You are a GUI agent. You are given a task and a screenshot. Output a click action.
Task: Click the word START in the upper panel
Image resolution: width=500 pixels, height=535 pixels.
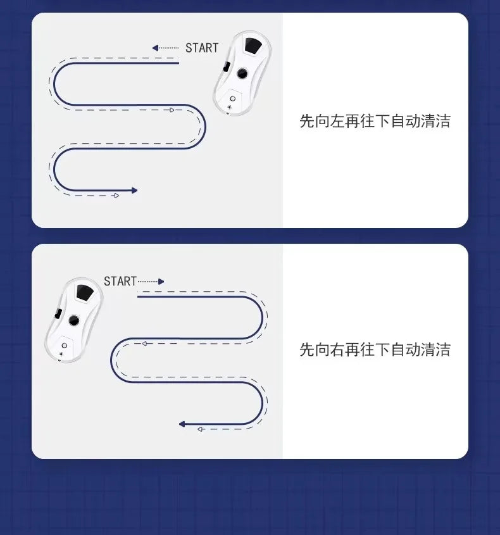point(201,47)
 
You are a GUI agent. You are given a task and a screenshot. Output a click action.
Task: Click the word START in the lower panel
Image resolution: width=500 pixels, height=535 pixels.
point(120,281)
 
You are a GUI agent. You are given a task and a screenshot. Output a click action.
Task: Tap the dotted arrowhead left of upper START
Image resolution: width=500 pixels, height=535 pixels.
point(155,47)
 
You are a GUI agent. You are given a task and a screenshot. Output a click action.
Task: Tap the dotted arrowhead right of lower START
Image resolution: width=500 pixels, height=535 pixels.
point(161,282)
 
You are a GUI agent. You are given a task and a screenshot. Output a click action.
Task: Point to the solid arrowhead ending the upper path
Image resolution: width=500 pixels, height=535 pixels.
point(134,191)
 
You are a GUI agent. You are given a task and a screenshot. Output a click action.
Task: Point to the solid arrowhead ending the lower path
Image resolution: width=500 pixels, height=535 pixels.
point(182,424)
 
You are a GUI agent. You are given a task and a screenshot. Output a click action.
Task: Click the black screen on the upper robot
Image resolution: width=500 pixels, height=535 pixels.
point(253,46)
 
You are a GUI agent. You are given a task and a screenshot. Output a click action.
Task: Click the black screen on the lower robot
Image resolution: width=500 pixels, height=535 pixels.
point(85,293)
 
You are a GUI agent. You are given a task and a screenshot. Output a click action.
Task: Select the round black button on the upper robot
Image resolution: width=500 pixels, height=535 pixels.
point(242,73)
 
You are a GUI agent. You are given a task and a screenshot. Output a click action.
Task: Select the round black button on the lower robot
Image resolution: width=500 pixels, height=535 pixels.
point(74,320)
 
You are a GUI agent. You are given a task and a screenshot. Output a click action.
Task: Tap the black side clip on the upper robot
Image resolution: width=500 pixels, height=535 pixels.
point(227,67)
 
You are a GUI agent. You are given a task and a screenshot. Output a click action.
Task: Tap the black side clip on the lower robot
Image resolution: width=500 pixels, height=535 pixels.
point(58,313)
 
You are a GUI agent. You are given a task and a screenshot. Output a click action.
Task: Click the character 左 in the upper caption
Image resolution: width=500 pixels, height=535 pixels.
point(337,121)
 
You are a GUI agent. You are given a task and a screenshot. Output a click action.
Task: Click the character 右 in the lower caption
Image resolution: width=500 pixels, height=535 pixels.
point(337,349)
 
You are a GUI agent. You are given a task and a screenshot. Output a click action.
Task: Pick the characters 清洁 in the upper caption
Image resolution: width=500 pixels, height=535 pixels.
point(435,121)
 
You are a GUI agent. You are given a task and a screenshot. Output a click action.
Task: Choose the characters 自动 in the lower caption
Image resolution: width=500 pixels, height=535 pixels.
point(406,349)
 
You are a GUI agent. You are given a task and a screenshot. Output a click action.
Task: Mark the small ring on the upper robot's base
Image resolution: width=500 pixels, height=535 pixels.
point(233,99)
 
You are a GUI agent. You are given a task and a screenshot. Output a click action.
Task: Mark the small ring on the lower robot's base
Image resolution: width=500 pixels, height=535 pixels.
point(64,346)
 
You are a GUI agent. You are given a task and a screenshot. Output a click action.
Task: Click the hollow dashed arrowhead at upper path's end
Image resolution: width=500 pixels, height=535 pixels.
point(116,196)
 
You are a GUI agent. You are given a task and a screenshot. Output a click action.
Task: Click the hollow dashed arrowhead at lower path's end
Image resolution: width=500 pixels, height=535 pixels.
point(200,429)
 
